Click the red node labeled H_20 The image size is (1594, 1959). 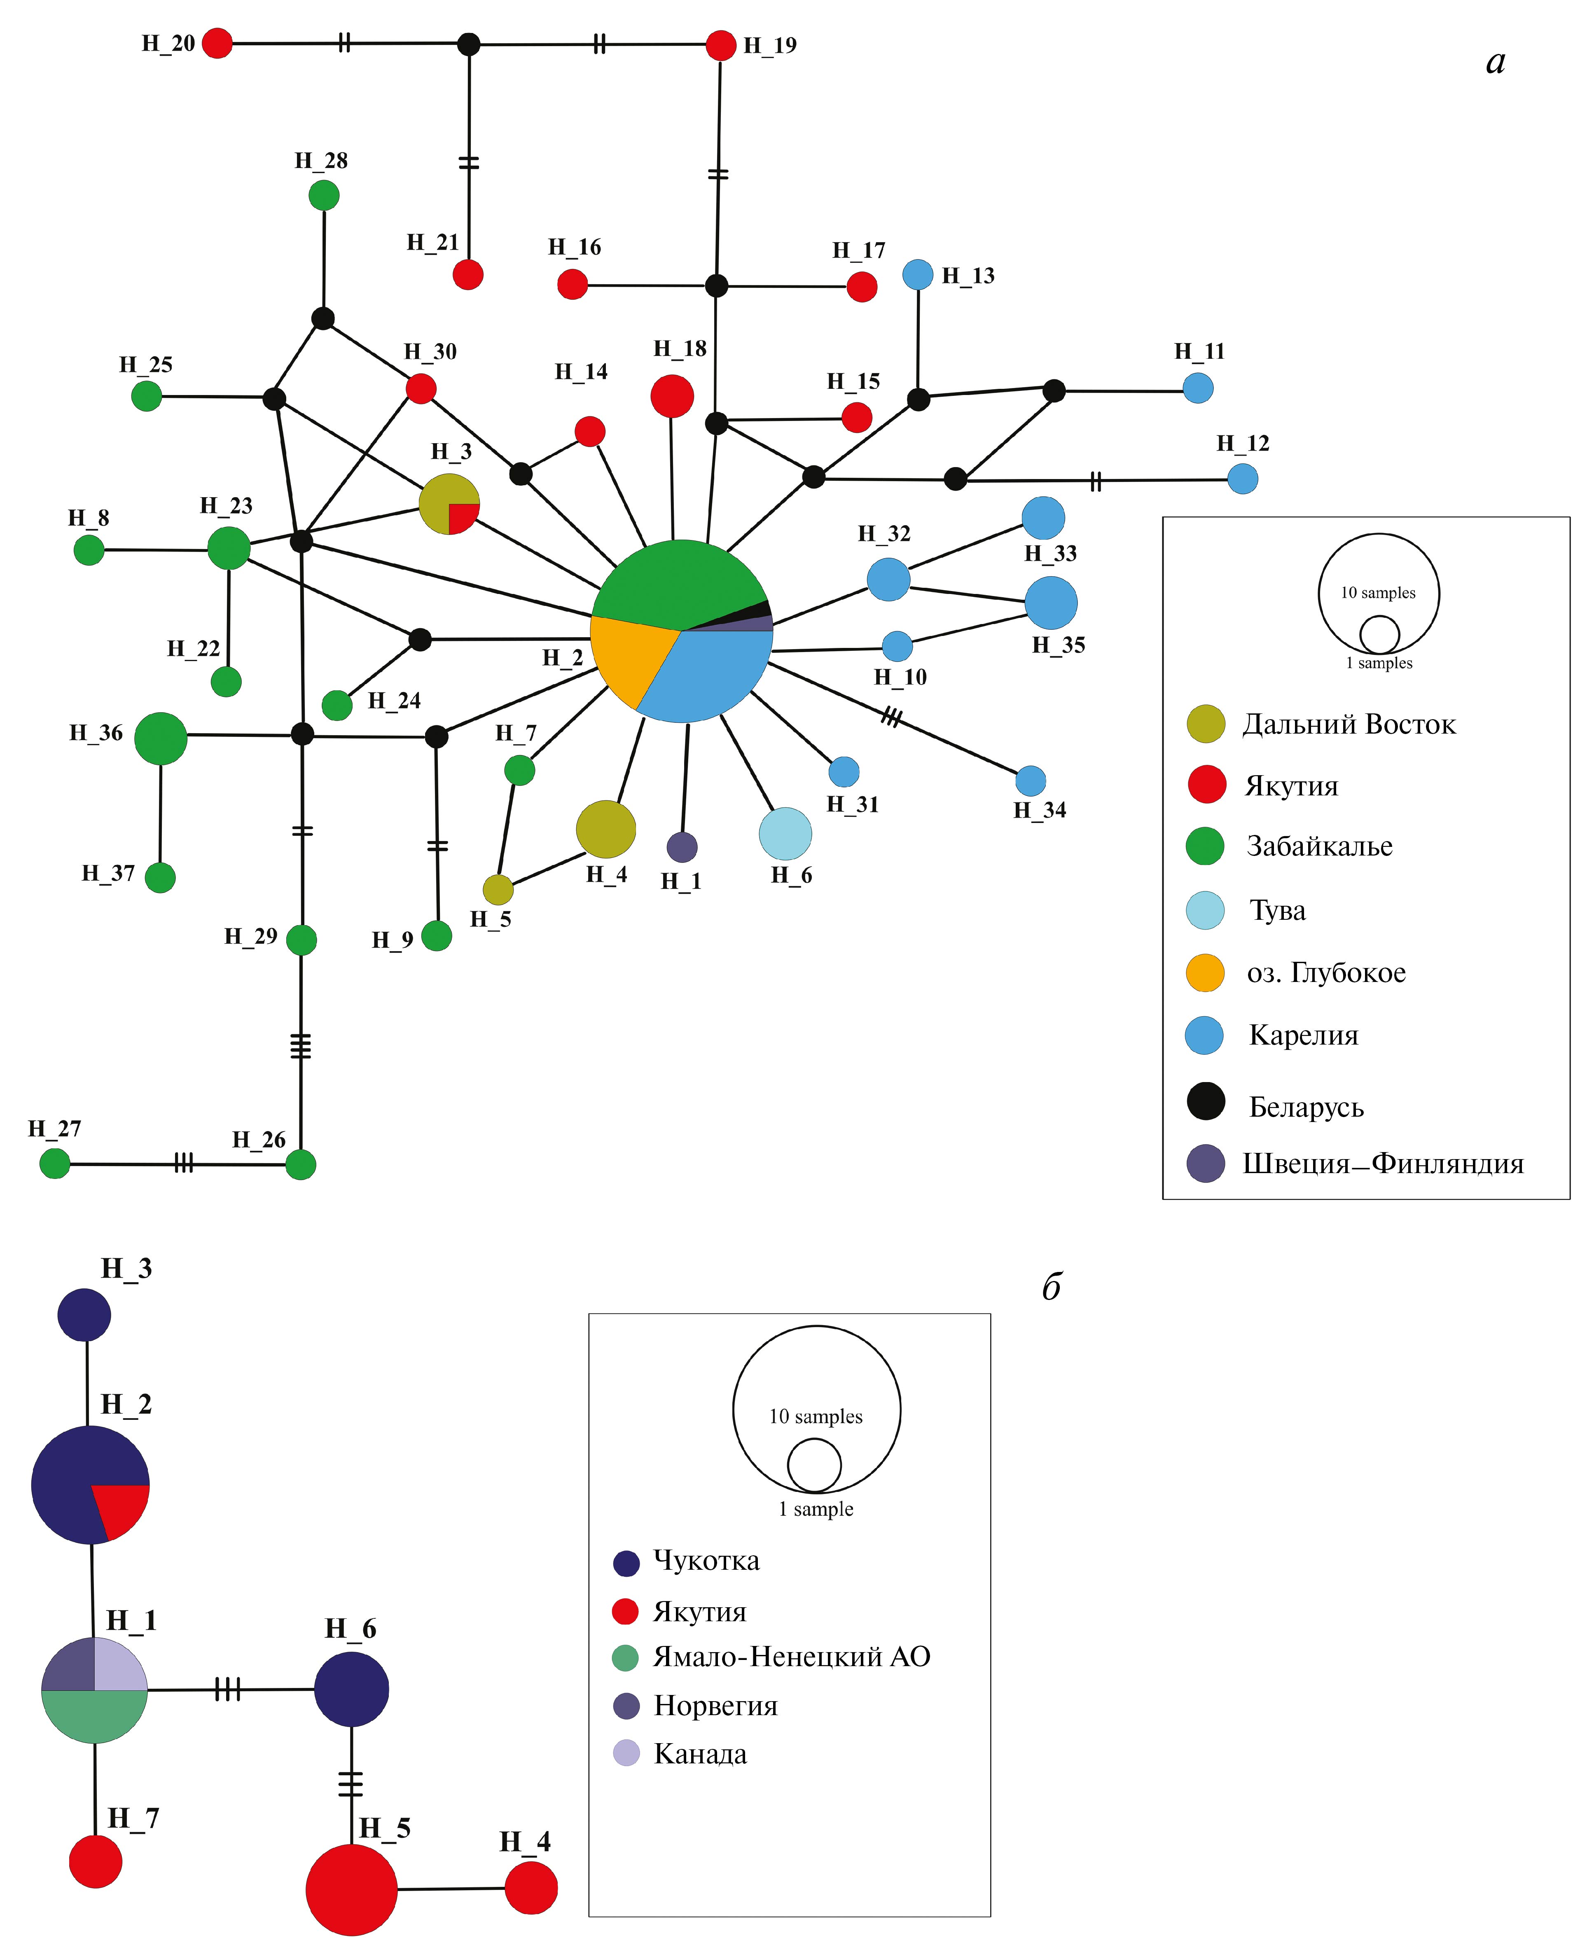(217, 43)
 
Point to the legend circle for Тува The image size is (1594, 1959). (1206, 910)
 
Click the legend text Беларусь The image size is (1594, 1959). (1306, 1107)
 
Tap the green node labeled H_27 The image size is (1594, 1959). (55, 1164)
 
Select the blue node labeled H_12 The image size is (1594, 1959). (1242, 478)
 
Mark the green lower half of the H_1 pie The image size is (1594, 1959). (95, 1717)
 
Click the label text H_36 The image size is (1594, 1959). (96, 732)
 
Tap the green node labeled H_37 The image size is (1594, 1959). (161, 878)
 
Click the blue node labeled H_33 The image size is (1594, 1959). (1043, 518)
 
